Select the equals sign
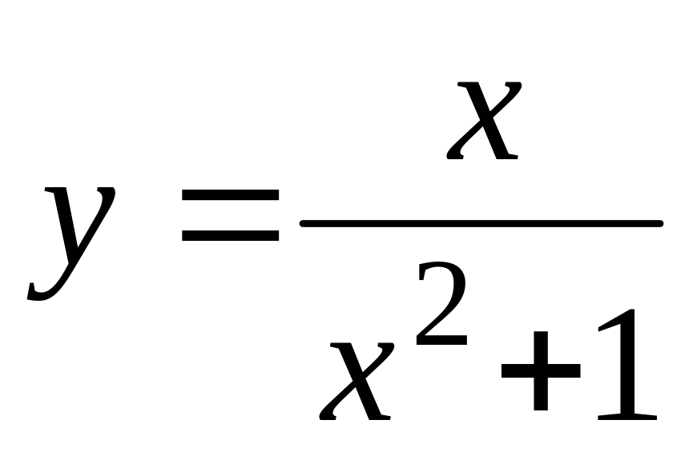click(x=230, y=215)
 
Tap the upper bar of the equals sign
click(x=230, y=195)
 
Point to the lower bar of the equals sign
click(x=230, y=236)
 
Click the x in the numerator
click(x=484, y=120)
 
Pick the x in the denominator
click(x=356, y=381)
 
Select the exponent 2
click(x=441, y=303)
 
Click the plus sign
click(x=541, y=370)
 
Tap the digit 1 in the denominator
click(x=627, y=364)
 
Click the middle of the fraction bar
click(x=481, y=223)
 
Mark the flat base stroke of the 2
click(x=441, y=341)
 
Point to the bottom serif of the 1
click(x=627, y=417)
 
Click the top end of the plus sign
click(x=541, y=333)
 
